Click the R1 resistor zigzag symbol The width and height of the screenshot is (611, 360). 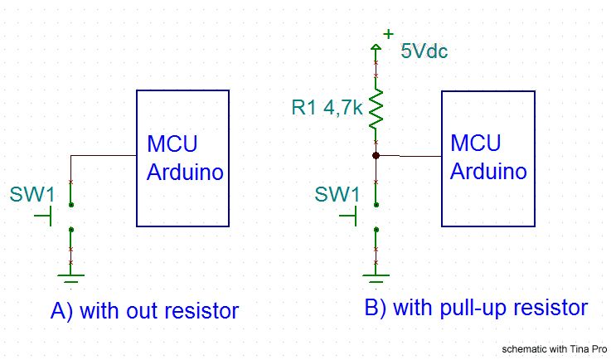(x=376, y=109)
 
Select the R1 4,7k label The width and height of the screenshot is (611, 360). (x=327, y=108)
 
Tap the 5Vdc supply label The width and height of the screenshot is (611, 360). (x=424, y=51)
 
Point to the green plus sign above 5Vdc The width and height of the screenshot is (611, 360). (x=388, y=34)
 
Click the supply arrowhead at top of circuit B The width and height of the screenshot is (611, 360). (x=376, y=47)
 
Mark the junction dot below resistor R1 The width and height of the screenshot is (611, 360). (x=376, y=156)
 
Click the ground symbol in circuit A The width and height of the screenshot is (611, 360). (x=70, y=279)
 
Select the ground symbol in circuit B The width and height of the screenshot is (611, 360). (x=376, y=279)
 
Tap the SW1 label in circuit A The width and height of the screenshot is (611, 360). (x=32, y=194)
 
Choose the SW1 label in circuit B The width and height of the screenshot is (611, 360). (x=337, y=194)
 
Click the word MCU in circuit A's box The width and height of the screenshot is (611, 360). (x=172, y=144)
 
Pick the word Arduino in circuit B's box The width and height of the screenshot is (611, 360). (x=488, y=171)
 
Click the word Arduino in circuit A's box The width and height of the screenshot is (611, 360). (x=185, y=172)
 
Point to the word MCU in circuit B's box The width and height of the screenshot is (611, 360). (x=476, y=143)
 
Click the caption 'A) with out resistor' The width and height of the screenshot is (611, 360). (x=144, y=311)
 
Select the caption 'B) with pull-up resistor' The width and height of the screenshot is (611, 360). (x=476, y=308)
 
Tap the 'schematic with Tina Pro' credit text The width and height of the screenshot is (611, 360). (x=555, y=349)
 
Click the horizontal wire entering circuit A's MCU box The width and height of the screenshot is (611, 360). (x=104, y=156)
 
